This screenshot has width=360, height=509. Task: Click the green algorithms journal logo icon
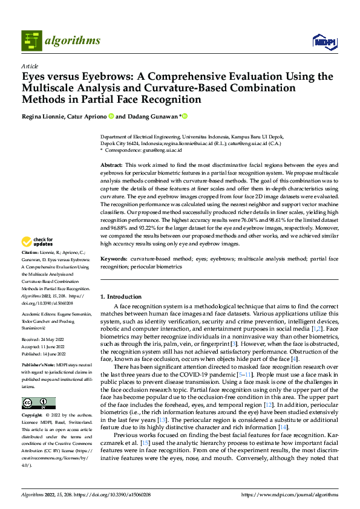(x=32, y=41)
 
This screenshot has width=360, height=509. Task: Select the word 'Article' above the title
(x=30, y=66)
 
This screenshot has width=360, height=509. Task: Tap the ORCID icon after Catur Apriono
(x=111, y=116)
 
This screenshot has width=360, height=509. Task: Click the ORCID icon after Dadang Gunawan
(x=185, y=116)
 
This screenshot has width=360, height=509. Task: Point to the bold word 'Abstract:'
(x=111, y=165)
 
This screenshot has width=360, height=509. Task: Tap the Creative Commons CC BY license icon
(x=38, y=403)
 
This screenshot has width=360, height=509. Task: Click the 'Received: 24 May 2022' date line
(x=42, y=340)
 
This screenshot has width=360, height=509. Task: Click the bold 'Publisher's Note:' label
(x=38, y=367)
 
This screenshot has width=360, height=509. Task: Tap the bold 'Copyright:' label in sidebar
(x=32, y=416)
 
